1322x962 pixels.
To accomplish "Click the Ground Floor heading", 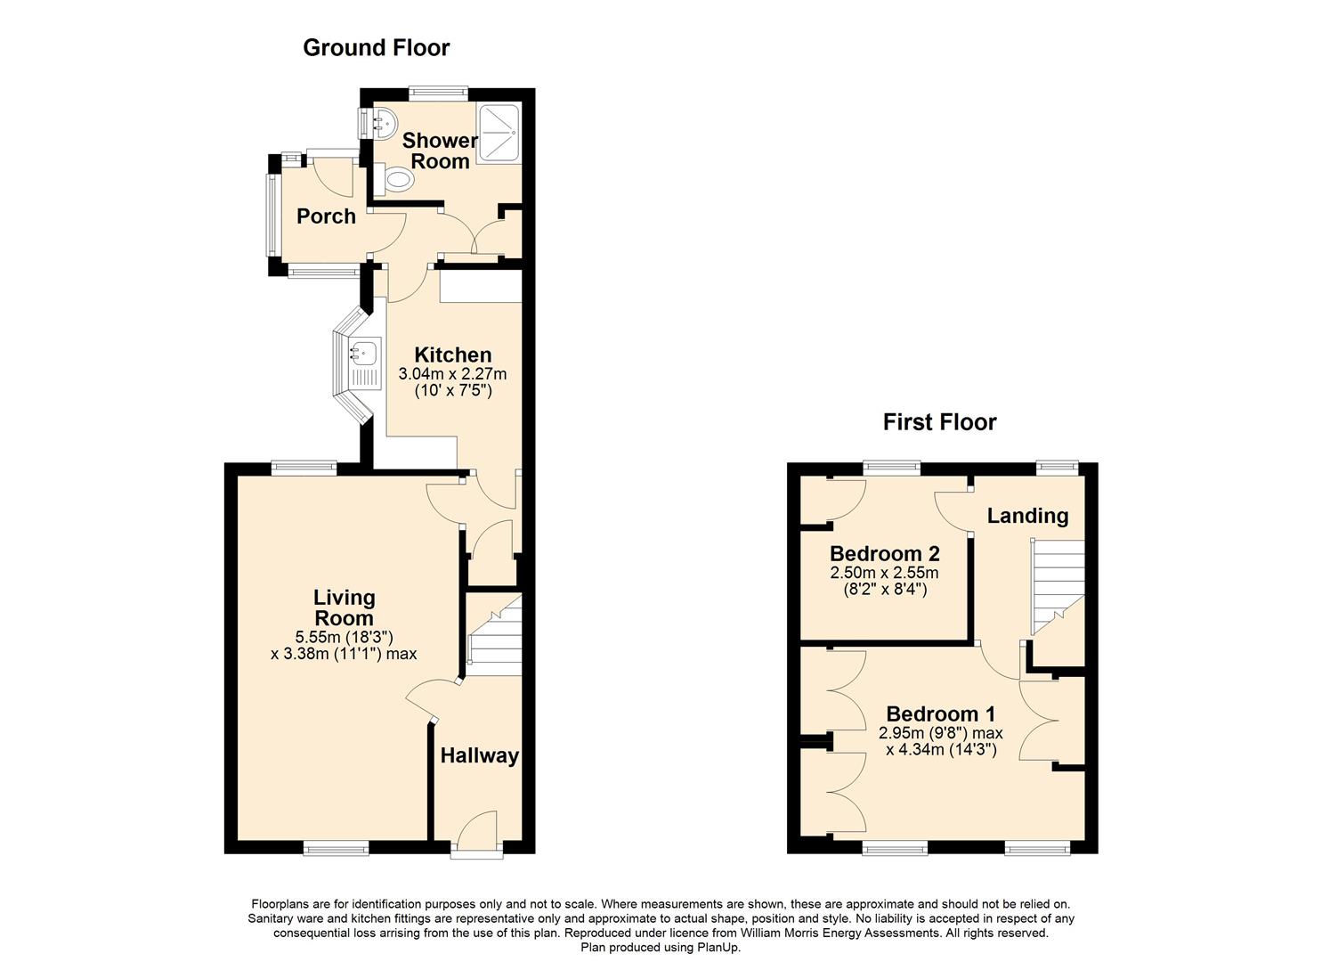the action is (x=376, y=48).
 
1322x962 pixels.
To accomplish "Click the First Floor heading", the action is (x=939, y=422).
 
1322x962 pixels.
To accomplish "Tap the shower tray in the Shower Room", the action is (x=499, y=133).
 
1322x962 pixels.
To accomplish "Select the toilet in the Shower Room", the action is (x=393, y=179).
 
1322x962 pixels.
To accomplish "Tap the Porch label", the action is (x=326, y=216).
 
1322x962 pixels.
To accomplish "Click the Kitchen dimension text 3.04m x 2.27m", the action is (x=452, y=374).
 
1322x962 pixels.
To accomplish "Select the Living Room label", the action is (x=344, y=607).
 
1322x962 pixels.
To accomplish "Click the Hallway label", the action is (x=479, y=755).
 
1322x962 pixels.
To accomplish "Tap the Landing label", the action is (x=1027, y=516).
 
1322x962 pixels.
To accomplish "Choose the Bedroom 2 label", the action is (x=884, y=553).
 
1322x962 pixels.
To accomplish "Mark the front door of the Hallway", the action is (x=477, y=833).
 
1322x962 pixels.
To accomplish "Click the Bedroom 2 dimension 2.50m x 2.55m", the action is (x=884, y=573).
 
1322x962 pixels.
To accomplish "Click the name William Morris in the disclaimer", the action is (x=783, y=933).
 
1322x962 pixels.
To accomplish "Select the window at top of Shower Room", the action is (x=439, y=92).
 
